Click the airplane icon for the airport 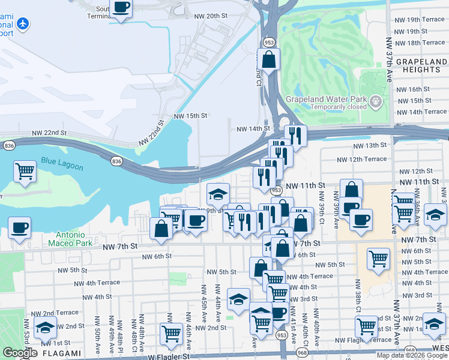click(22, 24)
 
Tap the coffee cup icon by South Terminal click(122, 8)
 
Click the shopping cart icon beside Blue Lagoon click(25, 171)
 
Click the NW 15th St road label click(190, 115)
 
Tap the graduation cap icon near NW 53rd click(46, 328)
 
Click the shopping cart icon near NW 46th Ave click(172, 332)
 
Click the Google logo click(20, 353)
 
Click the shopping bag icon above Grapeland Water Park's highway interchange click(268, 59)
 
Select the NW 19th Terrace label click(419, 19)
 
